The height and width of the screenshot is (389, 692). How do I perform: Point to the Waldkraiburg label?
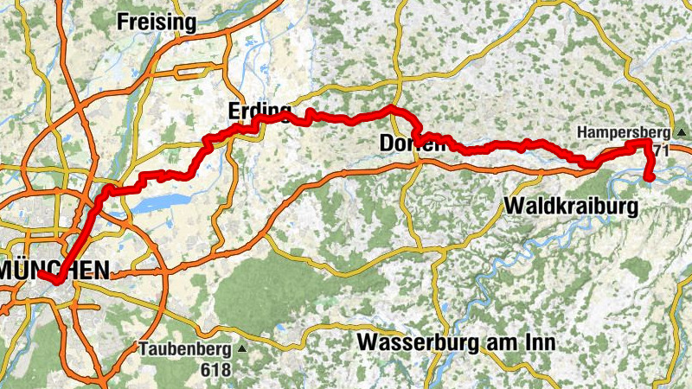click(570, 207)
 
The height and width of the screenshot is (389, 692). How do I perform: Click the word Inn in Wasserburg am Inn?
click(537, 343)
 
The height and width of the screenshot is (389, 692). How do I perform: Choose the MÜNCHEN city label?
click(55, 270)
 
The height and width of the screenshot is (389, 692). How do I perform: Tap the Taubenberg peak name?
click(184, 350)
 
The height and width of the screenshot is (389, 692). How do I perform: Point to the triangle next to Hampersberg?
click(682, 132)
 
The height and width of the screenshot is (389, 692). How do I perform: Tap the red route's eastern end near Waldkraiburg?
click(650, 179)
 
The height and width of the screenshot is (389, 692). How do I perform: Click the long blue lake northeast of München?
click(163, 201)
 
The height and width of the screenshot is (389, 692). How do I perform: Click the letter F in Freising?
click(122, 21)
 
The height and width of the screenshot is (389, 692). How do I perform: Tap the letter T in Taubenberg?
click(144, 350)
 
